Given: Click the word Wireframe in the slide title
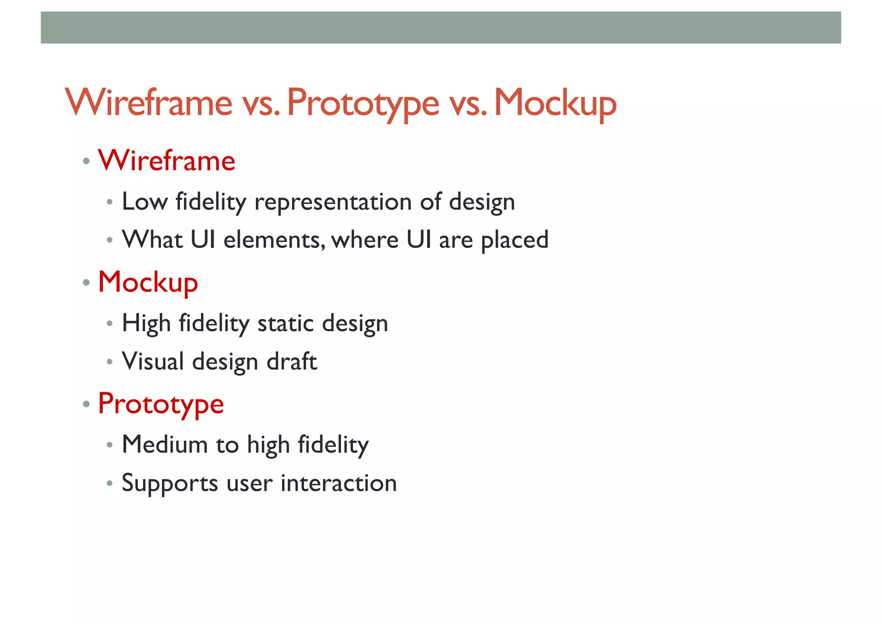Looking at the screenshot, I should [149, 103].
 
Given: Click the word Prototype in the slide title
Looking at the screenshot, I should [363, 103].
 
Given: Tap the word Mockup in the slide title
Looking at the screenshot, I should [555, 103].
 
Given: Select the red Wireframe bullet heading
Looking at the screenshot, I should [167, 161].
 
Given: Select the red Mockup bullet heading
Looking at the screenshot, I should [148, 282].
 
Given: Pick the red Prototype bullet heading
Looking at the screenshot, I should [161, 404].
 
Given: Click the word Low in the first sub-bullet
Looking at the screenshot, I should [145, 201].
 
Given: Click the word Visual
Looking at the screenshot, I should [153, 361].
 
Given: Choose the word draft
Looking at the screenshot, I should [292, 361].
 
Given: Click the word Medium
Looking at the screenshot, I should [165, 444].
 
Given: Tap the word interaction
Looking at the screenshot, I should [339, 483].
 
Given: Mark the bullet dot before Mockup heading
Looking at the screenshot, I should [87, 283].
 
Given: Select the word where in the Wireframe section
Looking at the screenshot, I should [365, 240].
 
